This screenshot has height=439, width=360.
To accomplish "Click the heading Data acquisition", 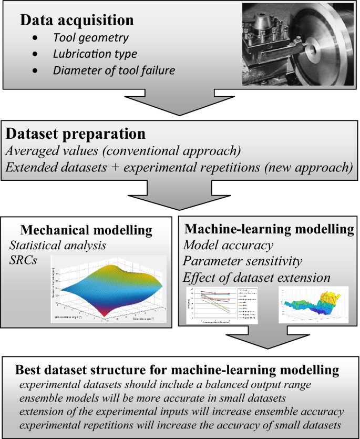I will tap(77, 21).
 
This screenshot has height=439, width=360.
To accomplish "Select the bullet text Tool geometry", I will tap(91, 38).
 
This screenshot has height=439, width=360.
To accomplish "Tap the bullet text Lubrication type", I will tap(95, 54).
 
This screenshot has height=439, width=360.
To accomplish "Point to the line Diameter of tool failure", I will tap(114, 70).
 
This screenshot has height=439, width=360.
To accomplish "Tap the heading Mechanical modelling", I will tap(86, 230).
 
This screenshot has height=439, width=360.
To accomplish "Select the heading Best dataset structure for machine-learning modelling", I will tap(177, 370).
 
